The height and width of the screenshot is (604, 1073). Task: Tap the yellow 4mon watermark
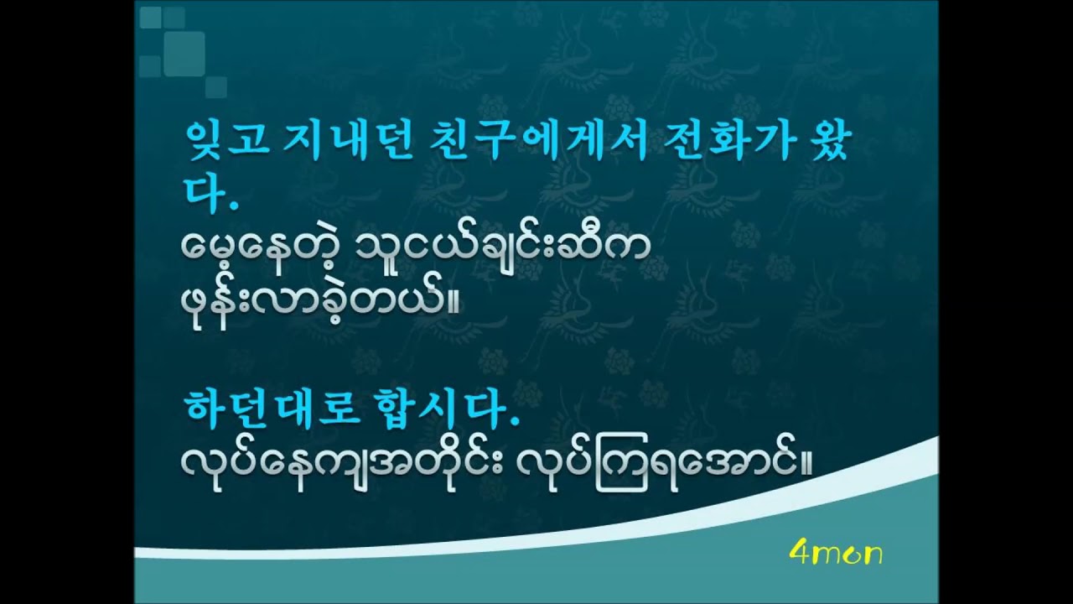click(x=835, y=553)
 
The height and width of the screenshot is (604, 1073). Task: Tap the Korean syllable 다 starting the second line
click(x=200, y=192)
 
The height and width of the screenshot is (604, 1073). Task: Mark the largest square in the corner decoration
click(x=184, y=52)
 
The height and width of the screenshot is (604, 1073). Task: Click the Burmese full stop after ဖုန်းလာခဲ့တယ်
click(x=455, y=312)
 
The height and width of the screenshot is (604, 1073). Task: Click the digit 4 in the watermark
click(x=797, y=553)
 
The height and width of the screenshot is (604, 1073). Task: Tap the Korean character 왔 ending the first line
click(x=827, y=143)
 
